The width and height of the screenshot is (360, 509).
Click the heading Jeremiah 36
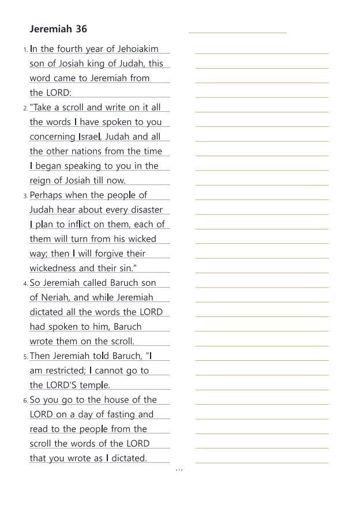tap(58, 29)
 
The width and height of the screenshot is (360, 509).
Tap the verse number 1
tap(25, 50)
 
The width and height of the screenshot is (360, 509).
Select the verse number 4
tap(25, 284)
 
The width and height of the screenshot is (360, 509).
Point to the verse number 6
tap(25, 401)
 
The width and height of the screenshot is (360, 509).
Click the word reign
tap(41, 180)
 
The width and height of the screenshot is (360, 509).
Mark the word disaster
tap(145, 210)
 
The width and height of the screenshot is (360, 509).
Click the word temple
tap(95, 385)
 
